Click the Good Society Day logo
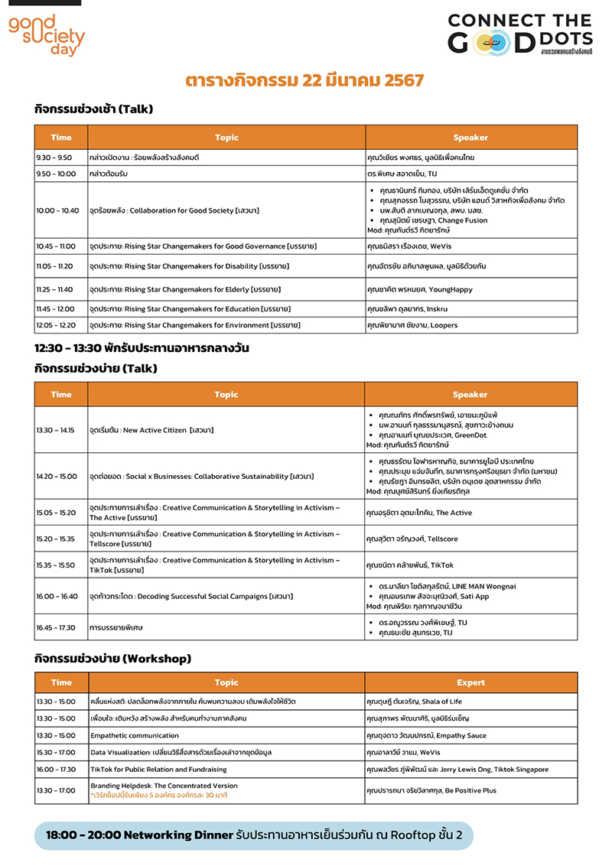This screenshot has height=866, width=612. click(46, 34)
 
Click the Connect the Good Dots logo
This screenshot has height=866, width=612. click(519, 34)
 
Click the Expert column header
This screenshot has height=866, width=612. click(470, 682)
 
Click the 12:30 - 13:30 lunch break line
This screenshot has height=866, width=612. click(142, 348)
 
